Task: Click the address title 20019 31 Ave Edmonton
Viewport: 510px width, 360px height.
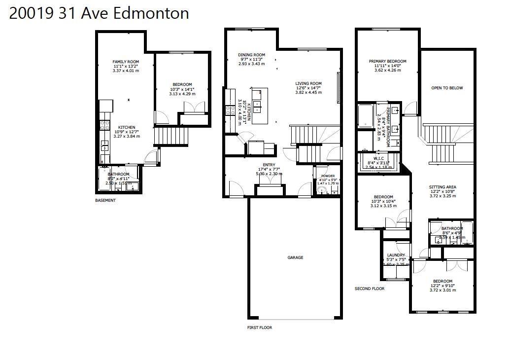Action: (99, 13)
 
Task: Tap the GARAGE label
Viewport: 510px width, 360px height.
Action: (295, 257)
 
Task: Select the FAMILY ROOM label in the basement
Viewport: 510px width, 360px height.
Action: (126, 62)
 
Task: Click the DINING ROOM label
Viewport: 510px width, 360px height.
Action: (251, 55)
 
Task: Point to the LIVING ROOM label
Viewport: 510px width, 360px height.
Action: (308, 83)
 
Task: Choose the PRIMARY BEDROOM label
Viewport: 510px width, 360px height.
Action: (387, 62)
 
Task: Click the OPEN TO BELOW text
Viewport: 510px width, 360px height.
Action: (447, 88)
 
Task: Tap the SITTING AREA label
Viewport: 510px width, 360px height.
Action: (442, 187)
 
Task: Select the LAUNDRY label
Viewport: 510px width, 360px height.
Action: (396, 255)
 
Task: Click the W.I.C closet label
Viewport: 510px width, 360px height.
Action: (378, 158)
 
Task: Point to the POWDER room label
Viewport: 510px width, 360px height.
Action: (328, 176)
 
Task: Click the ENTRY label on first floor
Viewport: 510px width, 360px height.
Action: (269, 165)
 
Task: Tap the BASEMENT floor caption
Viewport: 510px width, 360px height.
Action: (105, 200)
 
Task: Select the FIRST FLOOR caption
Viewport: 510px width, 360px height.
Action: (259, 327)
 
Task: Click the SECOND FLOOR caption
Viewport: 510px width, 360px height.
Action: (370, 288)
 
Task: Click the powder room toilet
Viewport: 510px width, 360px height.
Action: (322, 190)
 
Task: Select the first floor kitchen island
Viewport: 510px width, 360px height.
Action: (260, 106)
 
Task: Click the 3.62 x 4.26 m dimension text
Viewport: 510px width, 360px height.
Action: (388, 70)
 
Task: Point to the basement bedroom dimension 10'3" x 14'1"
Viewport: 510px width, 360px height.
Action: (182, 89)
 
